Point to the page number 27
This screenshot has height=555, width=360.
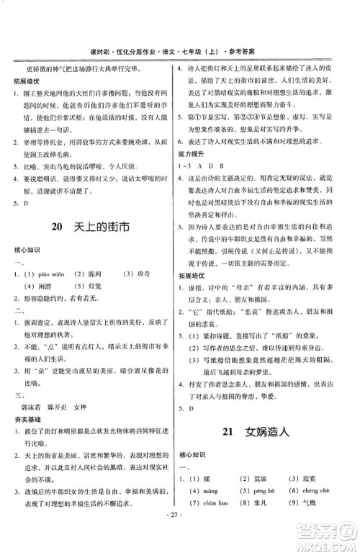[179, 536]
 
